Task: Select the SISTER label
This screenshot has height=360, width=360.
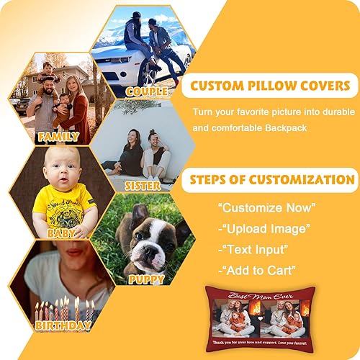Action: tap(143, 185)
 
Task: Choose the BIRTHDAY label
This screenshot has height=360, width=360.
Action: tap(63, 325)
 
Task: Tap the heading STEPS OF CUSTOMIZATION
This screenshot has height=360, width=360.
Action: tap(270, 180)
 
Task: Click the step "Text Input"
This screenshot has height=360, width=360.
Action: tap(256, 250)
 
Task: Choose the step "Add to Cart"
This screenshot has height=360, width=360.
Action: tap(257, 270)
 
